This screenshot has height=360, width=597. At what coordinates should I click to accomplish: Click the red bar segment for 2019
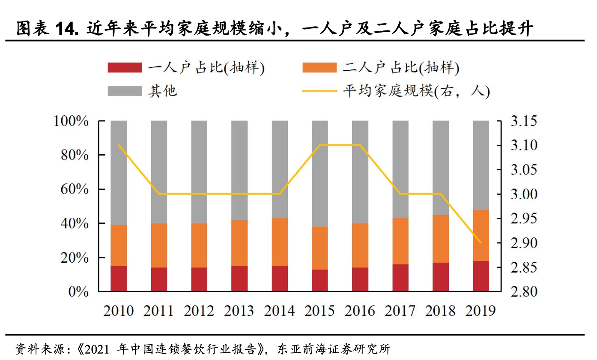click(481, 276)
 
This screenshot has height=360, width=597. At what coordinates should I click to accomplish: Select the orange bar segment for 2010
click(119, 245)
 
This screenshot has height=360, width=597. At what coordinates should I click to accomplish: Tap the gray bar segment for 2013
click(239, 170)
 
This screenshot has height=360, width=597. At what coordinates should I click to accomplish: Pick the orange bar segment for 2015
click(320, 248)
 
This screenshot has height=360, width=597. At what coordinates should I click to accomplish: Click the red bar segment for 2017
click(400, 278)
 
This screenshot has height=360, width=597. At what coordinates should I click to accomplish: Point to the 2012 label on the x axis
click(199, 310)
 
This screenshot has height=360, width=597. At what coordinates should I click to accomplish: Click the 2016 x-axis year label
click(360, 310)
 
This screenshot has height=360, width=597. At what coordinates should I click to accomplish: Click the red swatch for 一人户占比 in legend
click(125, 68)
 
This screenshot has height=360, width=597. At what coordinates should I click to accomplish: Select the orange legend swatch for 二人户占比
click(319, 68)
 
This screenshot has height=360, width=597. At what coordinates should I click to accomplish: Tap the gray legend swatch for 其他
click(125, 91)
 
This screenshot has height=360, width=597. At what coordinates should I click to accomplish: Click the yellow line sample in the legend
click(319, 91)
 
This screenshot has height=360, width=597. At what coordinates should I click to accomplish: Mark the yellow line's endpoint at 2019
click(481, 243)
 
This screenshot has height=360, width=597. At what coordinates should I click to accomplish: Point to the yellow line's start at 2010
click(119, 145)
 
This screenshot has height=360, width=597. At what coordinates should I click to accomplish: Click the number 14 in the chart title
click(65, 29)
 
